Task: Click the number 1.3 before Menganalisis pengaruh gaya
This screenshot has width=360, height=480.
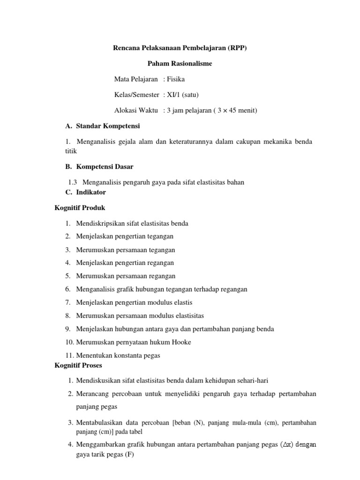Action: (x=73, y=182)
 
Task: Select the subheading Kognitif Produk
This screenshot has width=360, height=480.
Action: (x=80, y=208)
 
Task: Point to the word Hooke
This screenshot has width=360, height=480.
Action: (x=182, y=342)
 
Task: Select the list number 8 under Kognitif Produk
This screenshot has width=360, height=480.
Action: (x=68, y=316)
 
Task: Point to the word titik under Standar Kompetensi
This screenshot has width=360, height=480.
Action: (x=70, y=151)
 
